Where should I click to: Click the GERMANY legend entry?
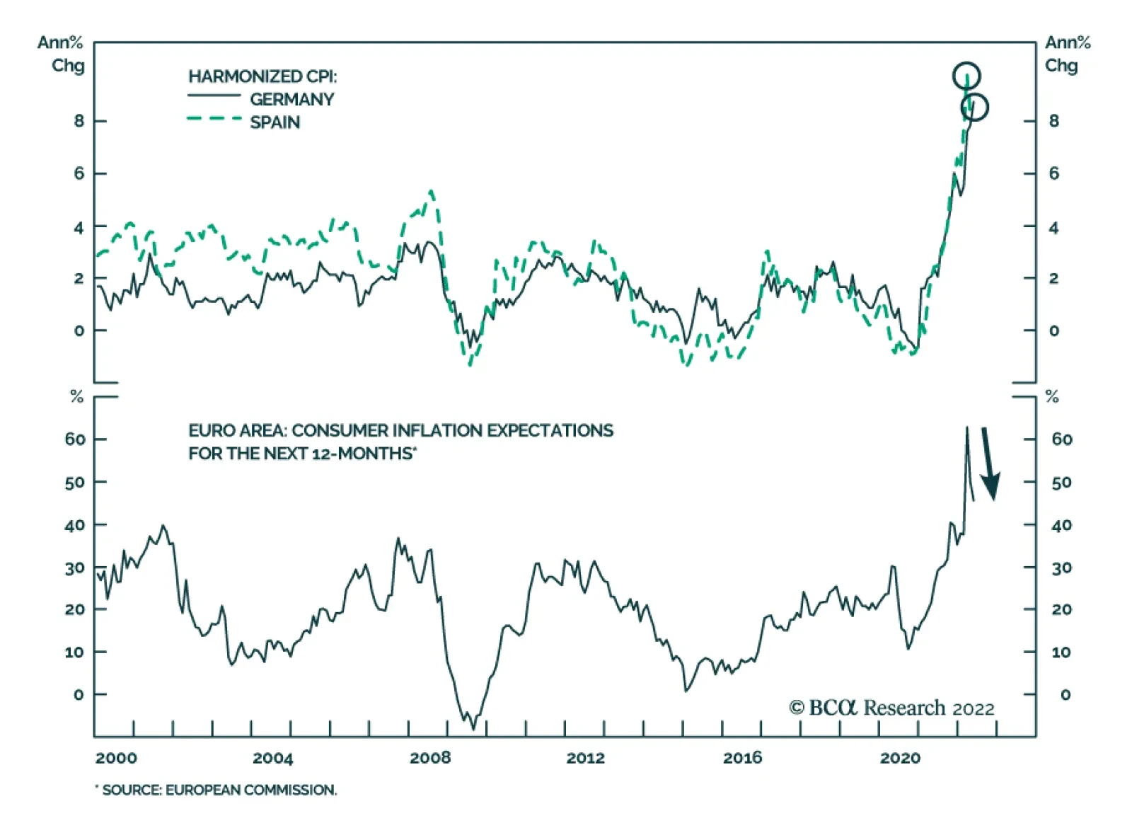(291, 99)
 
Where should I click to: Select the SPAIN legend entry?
(275, 122)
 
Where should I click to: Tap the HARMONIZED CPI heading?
(262, 76)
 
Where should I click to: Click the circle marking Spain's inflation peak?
(966, 76)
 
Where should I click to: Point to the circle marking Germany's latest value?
(974, 108)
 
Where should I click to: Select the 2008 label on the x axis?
(429, 758)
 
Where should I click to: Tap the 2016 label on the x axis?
(742, 758)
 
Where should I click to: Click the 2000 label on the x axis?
(116, 758)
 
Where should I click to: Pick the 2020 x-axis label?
(900, 758)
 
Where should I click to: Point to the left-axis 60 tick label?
(74, 439)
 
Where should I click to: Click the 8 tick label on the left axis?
(79, 121)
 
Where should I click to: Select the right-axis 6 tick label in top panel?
(1053, 173)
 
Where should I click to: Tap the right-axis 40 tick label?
(1061, 525)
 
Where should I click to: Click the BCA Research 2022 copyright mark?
(891, 708)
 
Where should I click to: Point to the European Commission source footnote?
(217, 790)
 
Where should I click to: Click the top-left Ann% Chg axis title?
(62, 54)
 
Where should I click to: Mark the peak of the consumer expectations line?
(966, 427)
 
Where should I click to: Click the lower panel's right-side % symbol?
(1052, 397)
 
